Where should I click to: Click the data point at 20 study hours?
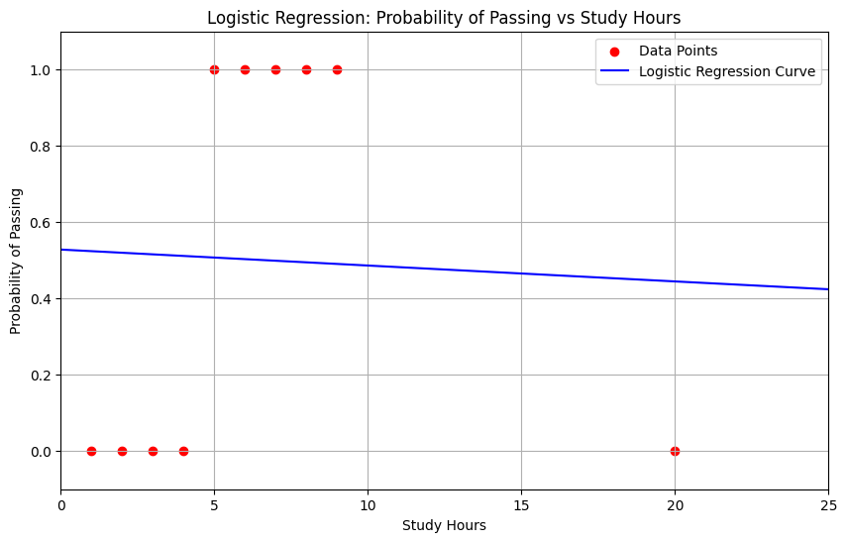coord(675,451)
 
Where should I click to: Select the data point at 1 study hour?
coord(91,451)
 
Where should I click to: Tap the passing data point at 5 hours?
coord(214,69)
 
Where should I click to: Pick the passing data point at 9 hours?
coord(337,69)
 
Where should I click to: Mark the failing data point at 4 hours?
coord(183,451)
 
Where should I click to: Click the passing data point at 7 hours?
coord(275,69)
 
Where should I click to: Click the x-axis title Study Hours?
coord(444,526)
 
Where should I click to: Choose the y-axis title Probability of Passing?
coord(17,261)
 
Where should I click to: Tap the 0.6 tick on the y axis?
coord(40,222)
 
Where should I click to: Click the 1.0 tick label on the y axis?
coord(40,69)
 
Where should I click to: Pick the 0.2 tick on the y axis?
coord(40,375)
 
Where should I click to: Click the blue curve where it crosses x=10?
coord(368,265)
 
